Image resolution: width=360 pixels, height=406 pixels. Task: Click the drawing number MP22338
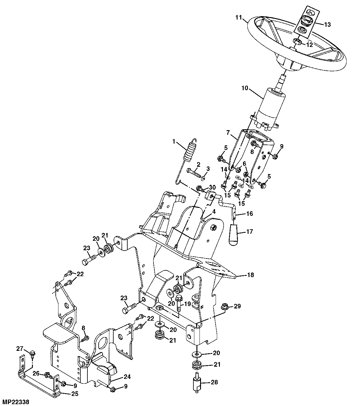pos(15,402)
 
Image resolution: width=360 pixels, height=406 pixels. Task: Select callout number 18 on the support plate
pos(250,275)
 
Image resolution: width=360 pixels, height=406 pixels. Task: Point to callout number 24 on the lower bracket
pos(127,377)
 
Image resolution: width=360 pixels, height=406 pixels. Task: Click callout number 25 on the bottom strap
pos(75,394)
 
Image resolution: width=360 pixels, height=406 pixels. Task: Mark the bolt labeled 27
pos(32,354)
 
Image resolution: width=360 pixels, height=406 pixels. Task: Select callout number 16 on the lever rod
pos(249,214)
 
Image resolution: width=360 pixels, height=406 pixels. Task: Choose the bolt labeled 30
pos(201,189)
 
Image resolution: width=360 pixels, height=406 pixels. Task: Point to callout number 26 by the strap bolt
pos(36,373)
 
